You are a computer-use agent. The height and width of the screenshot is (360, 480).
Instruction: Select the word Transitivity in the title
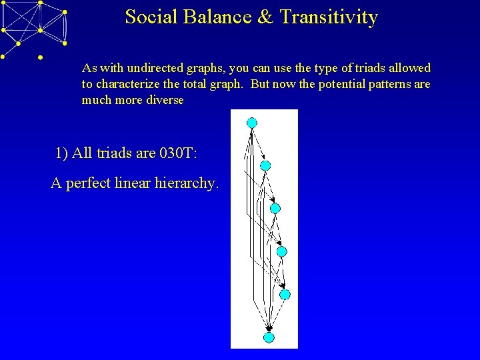point(329,17)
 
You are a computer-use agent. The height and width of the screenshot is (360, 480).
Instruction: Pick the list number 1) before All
point(62,153)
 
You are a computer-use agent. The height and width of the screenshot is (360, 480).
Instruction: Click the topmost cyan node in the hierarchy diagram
point(251,122)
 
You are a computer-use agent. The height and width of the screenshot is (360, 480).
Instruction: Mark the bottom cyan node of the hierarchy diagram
point(269,337)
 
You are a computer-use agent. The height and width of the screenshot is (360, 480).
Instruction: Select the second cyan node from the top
point(265,165)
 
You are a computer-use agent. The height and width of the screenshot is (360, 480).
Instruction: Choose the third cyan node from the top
point(275,208)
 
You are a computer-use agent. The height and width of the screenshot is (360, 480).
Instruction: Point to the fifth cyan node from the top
point(285,294)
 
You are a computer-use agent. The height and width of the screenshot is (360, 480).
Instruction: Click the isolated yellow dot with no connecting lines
point(40,58)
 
